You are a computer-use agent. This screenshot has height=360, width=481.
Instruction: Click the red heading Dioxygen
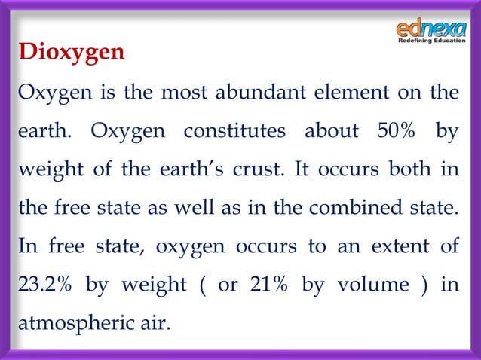click(x=72, y=54)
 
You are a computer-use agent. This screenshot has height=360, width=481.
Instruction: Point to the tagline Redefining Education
click(x=432, y=41)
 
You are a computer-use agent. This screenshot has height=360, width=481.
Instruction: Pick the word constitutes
click(x=234, y=131)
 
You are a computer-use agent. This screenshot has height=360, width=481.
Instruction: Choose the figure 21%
click(x=262, y=285)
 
